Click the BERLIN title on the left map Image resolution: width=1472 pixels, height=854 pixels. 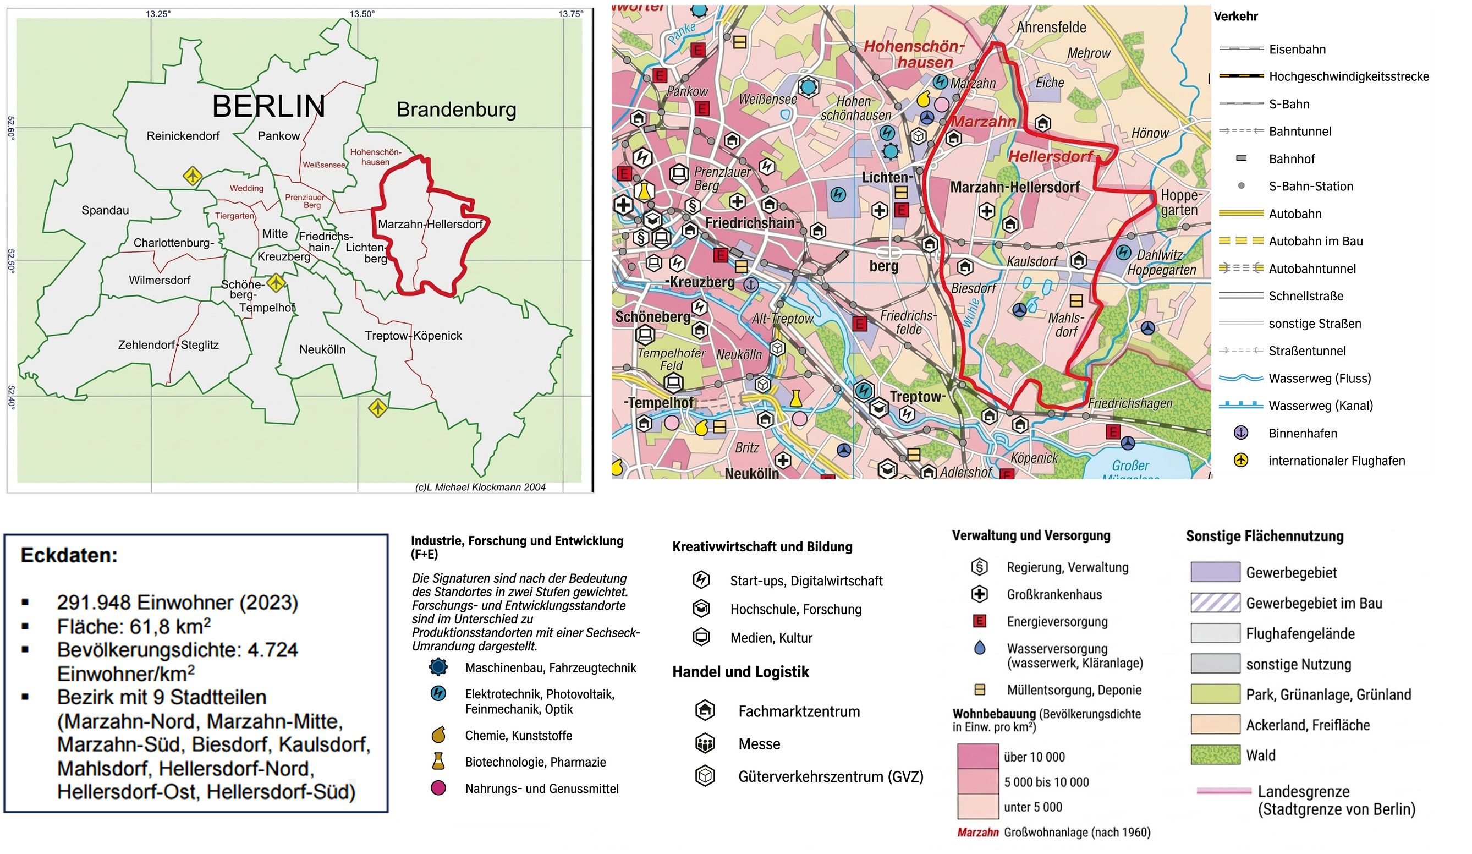point(268,106)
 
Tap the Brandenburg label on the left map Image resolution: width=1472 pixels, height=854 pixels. point(456,110)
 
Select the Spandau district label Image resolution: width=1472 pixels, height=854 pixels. point(105,210)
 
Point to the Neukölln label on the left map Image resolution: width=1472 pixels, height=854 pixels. point(322,349)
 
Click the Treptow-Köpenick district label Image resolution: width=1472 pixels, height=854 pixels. point(413,335)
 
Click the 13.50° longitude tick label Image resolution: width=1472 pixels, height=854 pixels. point(362,13)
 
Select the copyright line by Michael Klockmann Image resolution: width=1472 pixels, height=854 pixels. point(480,486)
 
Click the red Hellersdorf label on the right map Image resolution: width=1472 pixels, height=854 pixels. point(1050,156)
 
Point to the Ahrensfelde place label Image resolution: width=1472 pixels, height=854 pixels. point(1051,28)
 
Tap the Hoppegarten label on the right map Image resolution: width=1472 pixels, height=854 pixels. point(1179,202)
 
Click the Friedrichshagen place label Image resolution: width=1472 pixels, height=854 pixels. point(1129,403)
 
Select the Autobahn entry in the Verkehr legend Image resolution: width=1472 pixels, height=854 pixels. point(1294,214)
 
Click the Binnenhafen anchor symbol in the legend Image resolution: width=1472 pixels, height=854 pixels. point(1240,433)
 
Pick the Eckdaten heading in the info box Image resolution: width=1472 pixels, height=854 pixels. point(69,555)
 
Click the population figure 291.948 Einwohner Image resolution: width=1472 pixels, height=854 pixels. point(177,602)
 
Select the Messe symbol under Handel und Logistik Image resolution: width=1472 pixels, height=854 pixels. point(705,743)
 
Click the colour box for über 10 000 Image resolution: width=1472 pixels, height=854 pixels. point(977,757)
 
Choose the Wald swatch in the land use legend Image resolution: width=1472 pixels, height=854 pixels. point(1215,756)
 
